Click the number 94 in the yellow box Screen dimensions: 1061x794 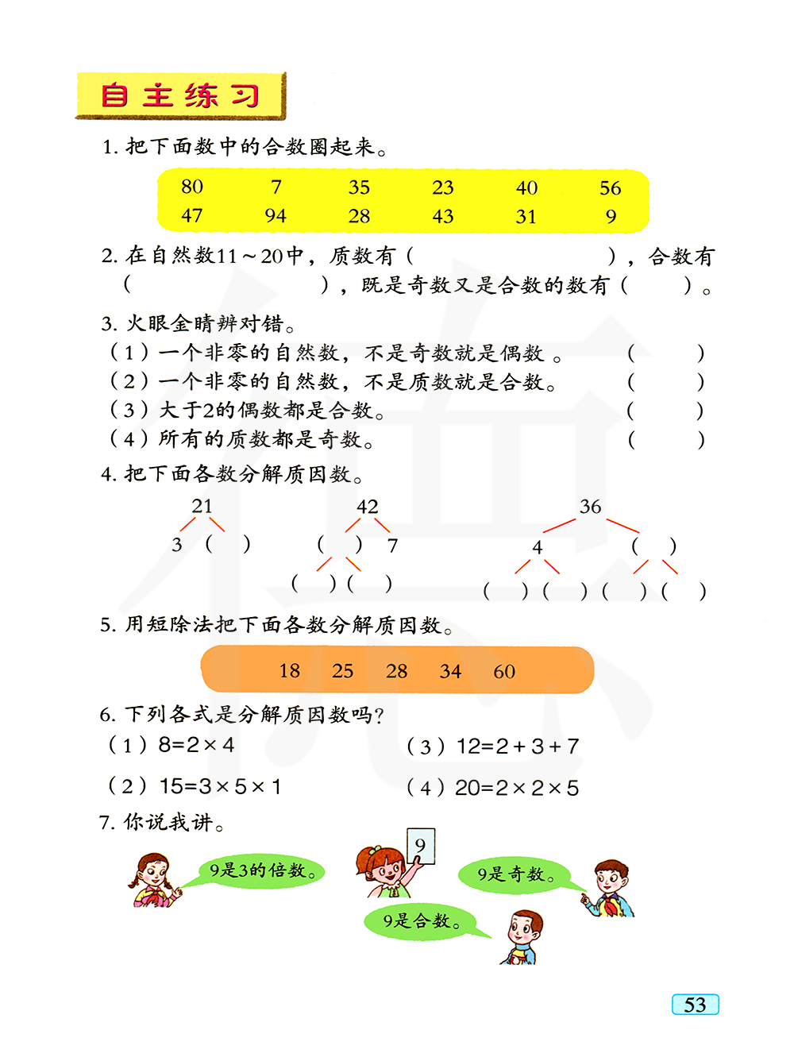(x=276, y=216)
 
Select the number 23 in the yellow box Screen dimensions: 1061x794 (x=443, y=188)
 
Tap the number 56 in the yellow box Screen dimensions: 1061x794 (x=610, y=188)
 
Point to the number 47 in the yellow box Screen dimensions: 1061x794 (x=192, y=216)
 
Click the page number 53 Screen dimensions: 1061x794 (x=695, y=1005)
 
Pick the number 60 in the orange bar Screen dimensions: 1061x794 (x=504, y=672)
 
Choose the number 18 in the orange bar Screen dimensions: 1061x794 (x=290, y=671)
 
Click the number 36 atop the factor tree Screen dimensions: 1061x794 (x=590, y=507)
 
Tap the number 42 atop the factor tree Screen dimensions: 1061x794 (x=367, y=507)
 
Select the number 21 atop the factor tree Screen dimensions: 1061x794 (x=202, y=506)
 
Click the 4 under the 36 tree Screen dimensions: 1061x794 (x=538, y=547)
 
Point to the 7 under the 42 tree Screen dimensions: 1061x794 (x=392, y=546)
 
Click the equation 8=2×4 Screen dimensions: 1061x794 (x=196, y=745)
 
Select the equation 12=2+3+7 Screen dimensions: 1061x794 (x=517, y=747)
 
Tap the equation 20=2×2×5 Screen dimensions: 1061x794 (x=516, y=788)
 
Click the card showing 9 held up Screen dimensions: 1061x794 (x=420, y=846)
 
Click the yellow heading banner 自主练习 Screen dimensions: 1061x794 (x=180, y=96)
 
